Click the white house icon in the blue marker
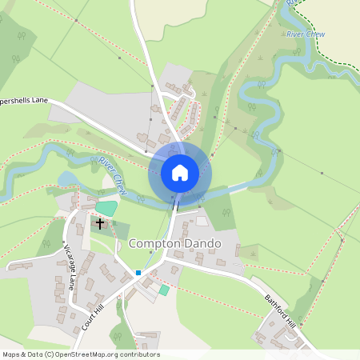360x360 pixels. [180, 172]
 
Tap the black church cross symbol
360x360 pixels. [100, 222]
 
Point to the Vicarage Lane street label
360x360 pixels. [70, 267]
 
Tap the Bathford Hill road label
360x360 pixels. [280, 310]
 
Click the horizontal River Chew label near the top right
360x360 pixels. [306, 35]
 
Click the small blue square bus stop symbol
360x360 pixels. [138, 273]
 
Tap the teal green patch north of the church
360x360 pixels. [106, 208]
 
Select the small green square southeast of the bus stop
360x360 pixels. [163, 290]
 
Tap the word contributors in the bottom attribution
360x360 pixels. [142, 354]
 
